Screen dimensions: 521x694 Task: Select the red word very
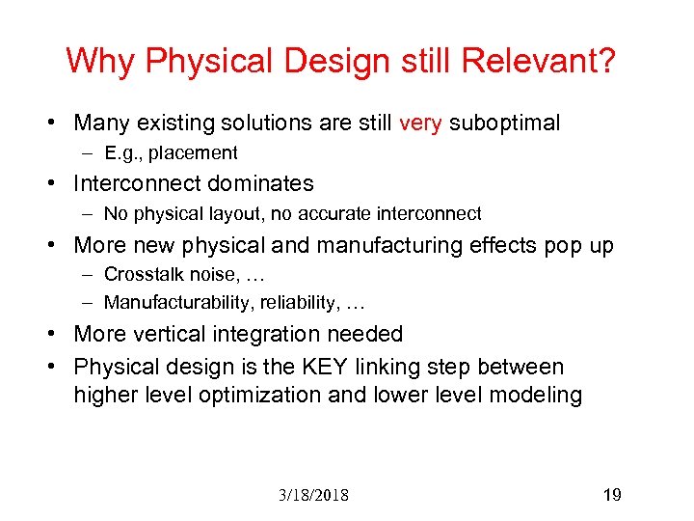419,123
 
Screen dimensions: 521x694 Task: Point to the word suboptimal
505,123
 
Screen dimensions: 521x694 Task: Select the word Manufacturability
170,303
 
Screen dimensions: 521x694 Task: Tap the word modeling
536,395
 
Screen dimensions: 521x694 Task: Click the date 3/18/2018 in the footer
314,496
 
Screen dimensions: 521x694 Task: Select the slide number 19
611,495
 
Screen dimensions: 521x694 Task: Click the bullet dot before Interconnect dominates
60,183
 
